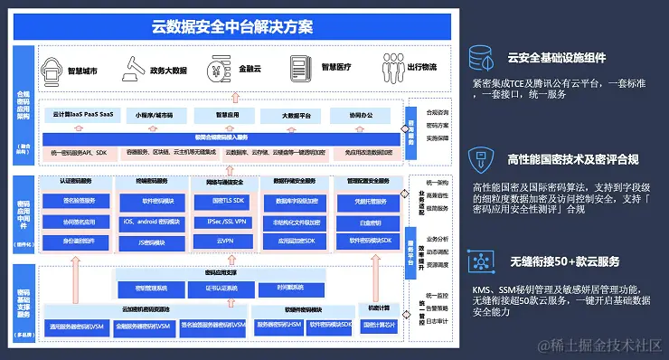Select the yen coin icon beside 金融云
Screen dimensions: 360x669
217,67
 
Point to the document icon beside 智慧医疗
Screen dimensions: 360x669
299,67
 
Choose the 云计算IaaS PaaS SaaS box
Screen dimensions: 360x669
82,116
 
